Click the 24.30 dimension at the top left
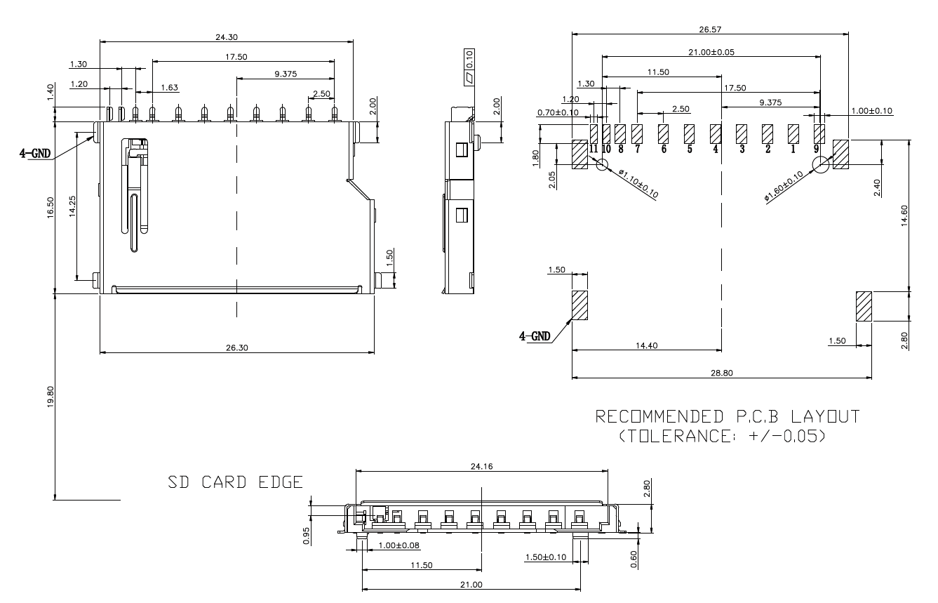[226, 36]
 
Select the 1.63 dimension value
[169, 88]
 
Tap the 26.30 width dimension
[236, 347]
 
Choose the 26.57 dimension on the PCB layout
[710, 29]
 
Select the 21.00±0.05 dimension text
[711, 52]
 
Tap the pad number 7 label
[637, 149]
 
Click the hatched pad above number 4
[716, 133]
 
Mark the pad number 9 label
[817, 149]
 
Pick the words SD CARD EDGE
[235, 483]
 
